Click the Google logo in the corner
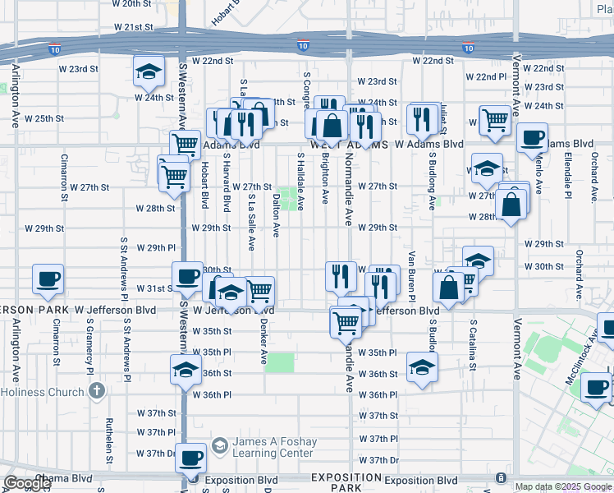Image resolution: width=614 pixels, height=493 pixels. pyautogui.click(x=26, y=483)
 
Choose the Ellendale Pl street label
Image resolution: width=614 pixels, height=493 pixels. pyautogui.click(x=567, y=177)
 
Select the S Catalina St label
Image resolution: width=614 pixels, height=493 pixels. pyautogui.click(x=474, y=340)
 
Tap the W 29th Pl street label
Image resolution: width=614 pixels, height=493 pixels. pyautogui.click(x=156, y=247)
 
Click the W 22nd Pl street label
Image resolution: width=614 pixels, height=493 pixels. pyautogui.click(x=486, y=76)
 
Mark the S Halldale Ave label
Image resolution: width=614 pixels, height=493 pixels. pyautogui.click(x=300, y=182)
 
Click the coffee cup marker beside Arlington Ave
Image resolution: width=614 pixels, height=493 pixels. pyautogui.click(x=48, y=279)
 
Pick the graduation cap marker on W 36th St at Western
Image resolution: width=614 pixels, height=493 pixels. pyautogui.click(x=186, y=370)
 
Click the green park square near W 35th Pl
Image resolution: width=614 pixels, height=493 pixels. pyautogui.click(x=280, y=362)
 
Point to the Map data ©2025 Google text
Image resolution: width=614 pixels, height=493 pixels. pyautogui.click(x=563, y=486)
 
